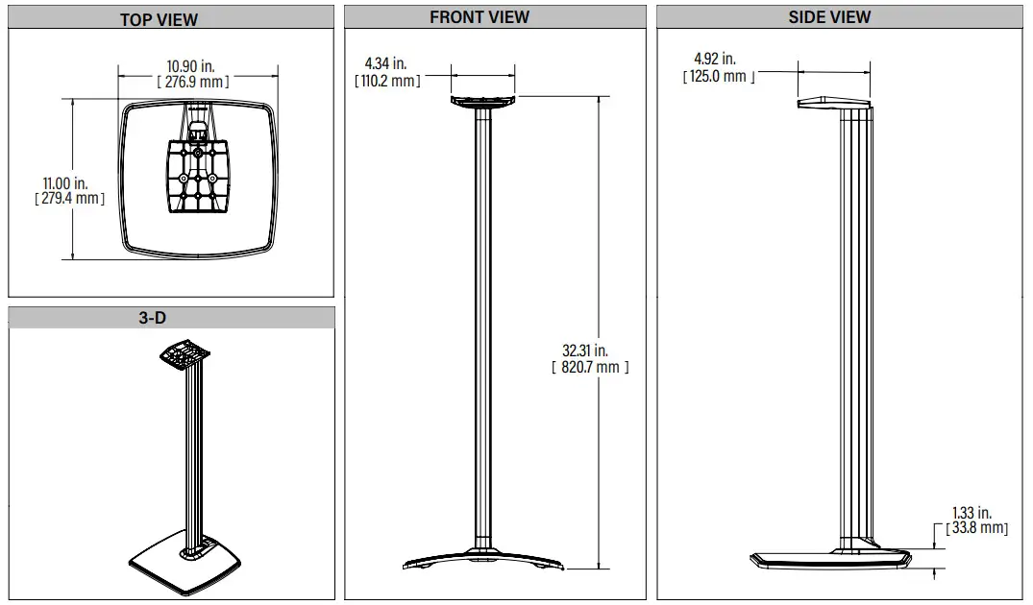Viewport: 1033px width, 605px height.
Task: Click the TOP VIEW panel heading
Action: pos(159,19)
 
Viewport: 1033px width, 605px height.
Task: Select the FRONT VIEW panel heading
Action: pos(480,16)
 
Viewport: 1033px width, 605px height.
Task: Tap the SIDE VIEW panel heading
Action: pos(829,16)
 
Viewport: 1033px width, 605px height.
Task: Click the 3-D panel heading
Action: pos(171,318)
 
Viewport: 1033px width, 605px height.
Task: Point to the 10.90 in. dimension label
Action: pos(191,66)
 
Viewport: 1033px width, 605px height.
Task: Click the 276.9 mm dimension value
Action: pos(192,83)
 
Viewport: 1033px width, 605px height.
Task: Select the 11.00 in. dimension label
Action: pos(65,182)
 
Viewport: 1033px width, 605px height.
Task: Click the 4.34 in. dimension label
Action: pos(386,63)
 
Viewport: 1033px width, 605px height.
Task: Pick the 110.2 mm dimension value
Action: pos(387,81)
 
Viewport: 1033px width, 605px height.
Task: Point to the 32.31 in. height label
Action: pos(585,351)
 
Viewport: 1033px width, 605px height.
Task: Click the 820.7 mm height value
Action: pos(590,367)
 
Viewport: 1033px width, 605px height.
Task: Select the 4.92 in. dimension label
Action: pos(715,59)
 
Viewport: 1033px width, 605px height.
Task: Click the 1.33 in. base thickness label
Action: pos(972,513)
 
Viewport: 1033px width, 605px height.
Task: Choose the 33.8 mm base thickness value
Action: pos(977,528)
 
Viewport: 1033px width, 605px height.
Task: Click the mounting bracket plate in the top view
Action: pos(199,176)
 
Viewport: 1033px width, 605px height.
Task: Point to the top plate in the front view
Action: pos(482,101)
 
